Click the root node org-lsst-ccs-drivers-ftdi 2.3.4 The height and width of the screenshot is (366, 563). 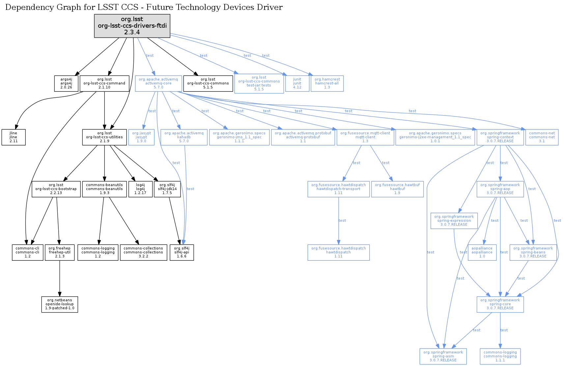(132, 26)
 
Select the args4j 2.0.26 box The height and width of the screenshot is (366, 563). (66, 83)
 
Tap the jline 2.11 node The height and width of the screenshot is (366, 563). (14, 137)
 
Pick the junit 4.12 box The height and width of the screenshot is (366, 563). (297, 83)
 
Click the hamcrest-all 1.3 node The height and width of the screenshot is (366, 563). (327, 83)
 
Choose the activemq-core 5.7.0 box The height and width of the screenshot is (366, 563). (158, 83)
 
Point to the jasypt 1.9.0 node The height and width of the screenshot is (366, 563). (141, 137)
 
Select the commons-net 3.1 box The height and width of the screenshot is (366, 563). (542, 137)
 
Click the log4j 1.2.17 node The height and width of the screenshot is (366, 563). (140, 189)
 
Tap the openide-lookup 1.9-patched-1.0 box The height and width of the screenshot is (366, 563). (60, 305)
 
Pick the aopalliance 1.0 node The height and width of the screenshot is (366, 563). (482, 252)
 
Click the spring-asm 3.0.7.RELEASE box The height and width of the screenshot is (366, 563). (443, 356)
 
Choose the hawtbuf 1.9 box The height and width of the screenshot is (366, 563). (397, 189)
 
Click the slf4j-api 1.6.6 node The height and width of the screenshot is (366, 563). (182, 252)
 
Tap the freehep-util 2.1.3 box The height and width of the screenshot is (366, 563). (60, 252)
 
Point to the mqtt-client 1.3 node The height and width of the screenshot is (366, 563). (365, 137)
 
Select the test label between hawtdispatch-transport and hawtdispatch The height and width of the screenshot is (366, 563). (342, 220)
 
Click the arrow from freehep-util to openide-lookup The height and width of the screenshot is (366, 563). (60, 279)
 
